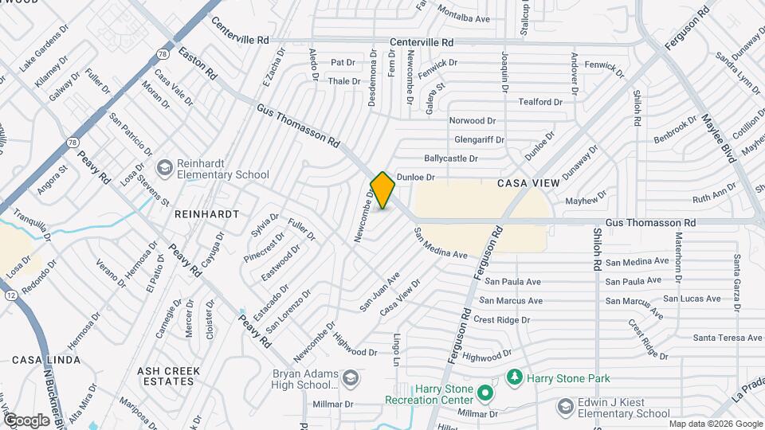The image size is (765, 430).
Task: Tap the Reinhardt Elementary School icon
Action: tap(164, 167)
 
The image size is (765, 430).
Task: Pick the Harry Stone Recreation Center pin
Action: tap(484, 392)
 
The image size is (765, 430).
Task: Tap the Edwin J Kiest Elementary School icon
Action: tap(566, 407)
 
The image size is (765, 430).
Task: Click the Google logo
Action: tap(26, 420)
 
